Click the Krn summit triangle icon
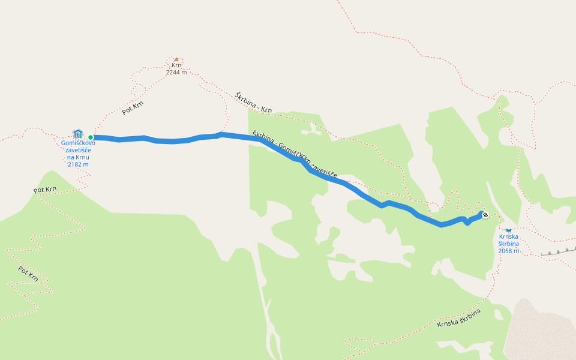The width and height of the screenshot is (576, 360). (x=176, y=59)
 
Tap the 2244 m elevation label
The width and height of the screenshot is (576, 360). (x=176, y=72)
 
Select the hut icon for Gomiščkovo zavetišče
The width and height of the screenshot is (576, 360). (x=77, y=133)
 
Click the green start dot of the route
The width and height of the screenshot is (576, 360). (x=91, y=137)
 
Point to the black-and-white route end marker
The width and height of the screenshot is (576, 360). (x=485, y=215)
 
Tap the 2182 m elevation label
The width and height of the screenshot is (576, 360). (x=78, y=164)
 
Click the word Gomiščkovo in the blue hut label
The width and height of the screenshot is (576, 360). (x=78, y=143)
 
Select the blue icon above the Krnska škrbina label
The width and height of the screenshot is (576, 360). (x=509, y=229)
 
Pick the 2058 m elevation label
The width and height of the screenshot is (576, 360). (x=509, y=251)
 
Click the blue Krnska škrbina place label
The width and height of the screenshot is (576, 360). (x=509, y=240)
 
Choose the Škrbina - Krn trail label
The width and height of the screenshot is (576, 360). (x=254, y=103)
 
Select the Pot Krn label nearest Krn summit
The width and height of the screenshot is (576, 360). (x=133, y=107)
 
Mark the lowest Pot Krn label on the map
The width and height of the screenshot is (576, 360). (x=28, y=274)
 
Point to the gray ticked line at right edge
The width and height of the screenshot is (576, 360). (x=558, y=251)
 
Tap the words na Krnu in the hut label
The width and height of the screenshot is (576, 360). (x=78, y=157)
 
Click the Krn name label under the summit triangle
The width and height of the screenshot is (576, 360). (x=176, y=65)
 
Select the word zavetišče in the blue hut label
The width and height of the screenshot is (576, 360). (x=78, y=150)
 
